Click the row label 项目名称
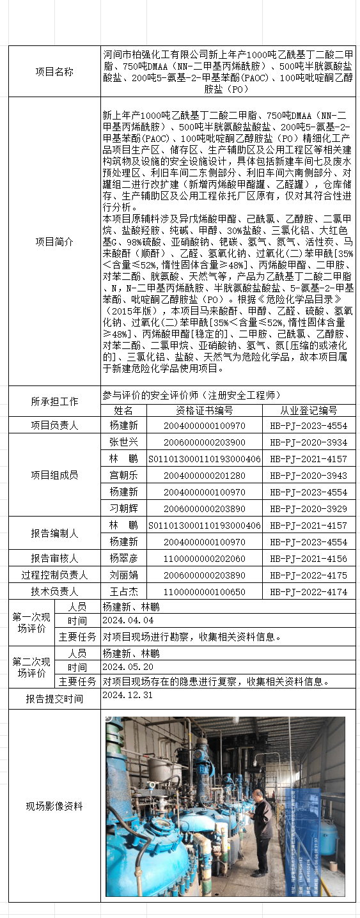pyautogui.click(x=54, y=72)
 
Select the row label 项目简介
pyautogui.click(x=54, y=242)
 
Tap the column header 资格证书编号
pyautogui.click(x=205, y=410)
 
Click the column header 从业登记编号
pyautogui.click(x=308, y=410)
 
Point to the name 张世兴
pyautogui.click(x=123, y=442)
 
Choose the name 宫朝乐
pyautogui.click(x=123, y=476)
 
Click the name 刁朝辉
pyautogui.click(x=123, y=509)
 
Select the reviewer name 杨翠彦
pyautogui.click(x=123, y=558)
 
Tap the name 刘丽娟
pyautogui.click(x=123, y=575)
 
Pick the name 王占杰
pyautogui.click(x=123, y=591)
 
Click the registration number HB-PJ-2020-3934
pyautogui.click(x=308, y=442)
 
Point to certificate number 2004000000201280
pyautogui.click(x=205, y=476)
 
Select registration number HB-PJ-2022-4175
pyautogui.click(x=308, y=575)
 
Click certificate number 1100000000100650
pyautogui.click(x=205, y=591)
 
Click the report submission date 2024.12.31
pyautogui.click(x=128, y=695)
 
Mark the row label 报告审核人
pyautogui.click(x=54, y=558)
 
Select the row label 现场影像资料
pyautogui.click(x=54, y=806)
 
